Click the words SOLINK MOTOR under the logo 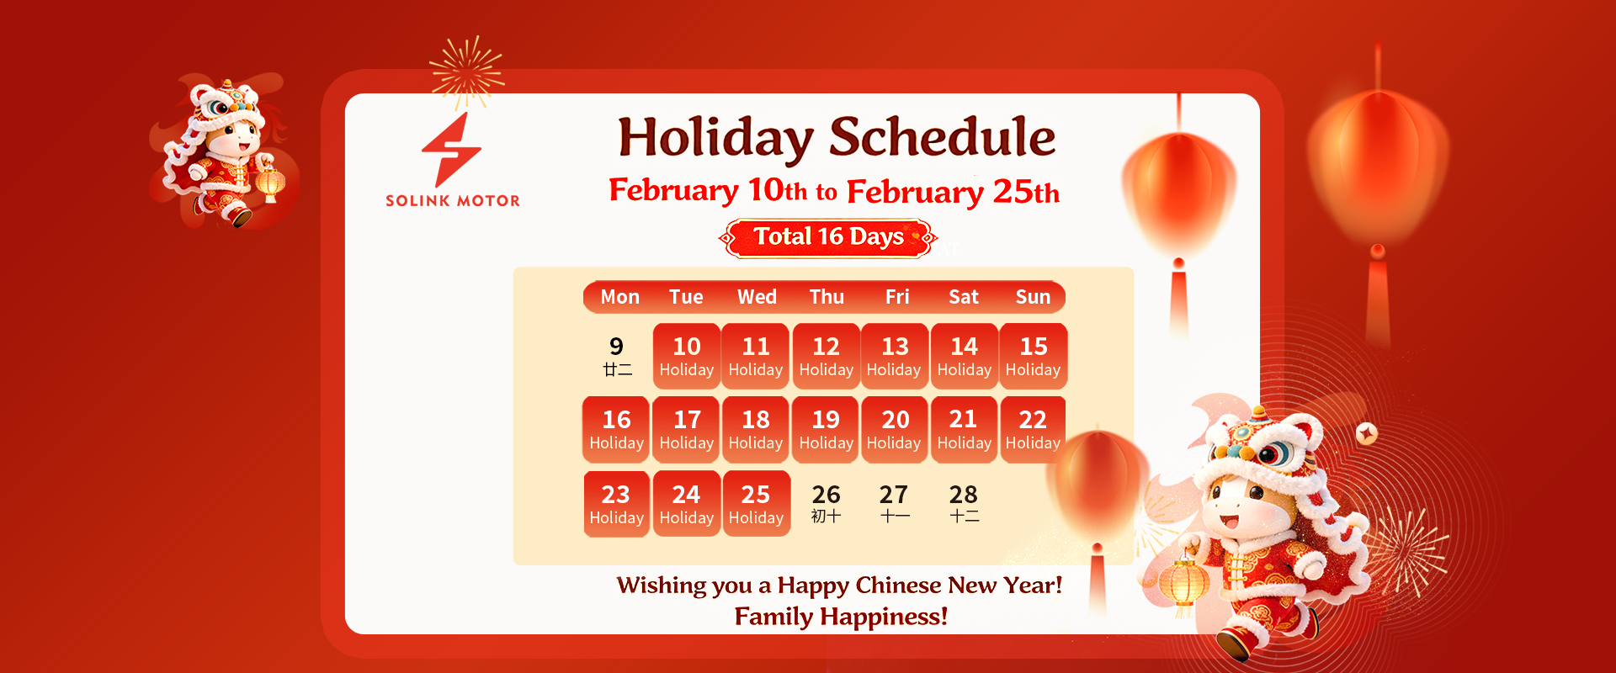(x=453, y=201)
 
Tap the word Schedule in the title (x=942, y=136)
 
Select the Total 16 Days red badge (x=828, y=238)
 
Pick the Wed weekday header (x=757, y=297)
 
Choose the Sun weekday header (x=1033, y=297)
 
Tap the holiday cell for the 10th (x=687, y=356)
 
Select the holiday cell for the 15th (x=1034, y=356)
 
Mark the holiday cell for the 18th (x=756, y=429)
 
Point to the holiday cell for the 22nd (x=1033, y=429)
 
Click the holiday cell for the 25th (x=756, y=503)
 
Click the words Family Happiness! (x=841, y=617)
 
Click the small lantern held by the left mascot (x=270, y=183)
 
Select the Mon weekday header (x=619, y=297)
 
